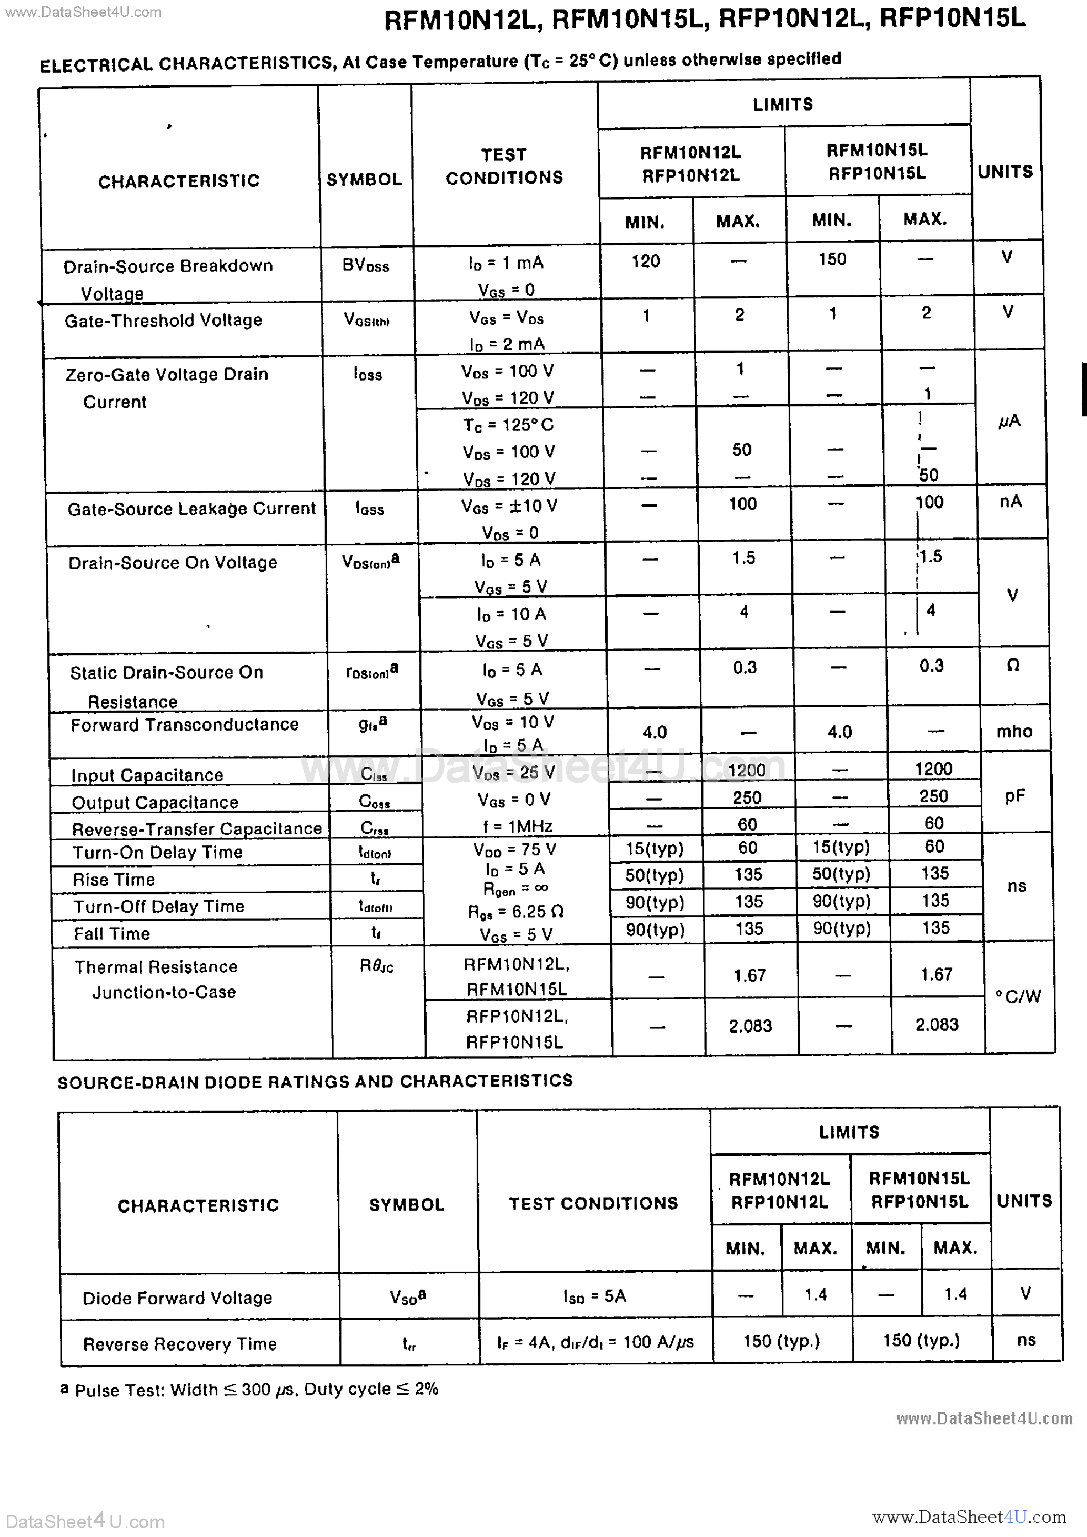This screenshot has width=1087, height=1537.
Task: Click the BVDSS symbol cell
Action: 366,266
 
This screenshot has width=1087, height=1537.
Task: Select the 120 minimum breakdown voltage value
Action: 645,261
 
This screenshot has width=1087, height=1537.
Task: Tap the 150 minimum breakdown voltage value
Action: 832,259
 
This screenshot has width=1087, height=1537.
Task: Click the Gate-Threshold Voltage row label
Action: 163,321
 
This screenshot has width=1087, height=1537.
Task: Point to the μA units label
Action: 1009,421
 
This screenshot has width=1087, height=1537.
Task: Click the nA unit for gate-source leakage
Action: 1010,502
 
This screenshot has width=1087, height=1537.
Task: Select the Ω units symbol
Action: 1013,665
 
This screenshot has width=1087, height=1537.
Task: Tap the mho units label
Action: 1014,731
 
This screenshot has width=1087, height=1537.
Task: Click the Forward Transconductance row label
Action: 184,725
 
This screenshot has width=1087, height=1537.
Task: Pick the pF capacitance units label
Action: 1015,796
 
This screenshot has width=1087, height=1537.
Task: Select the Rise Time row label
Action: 114,880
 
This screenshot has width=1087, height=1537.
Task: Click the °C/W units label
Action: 1018,997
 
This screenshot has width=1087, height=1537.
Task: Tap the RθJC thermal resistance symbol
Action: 376,966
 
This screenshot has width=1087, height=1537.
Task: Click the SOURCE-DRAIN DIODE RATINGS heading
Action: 315,1081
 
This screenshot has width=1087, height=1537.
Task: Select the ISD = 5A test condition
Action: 595,1296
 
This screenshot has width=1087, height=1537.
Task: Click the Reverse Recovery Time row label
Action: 179,1344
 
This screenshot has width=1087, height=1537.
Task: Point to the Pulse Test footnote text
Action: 256,1390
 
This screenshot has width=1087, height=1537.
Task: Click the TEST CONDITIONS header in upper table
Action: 504,166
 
